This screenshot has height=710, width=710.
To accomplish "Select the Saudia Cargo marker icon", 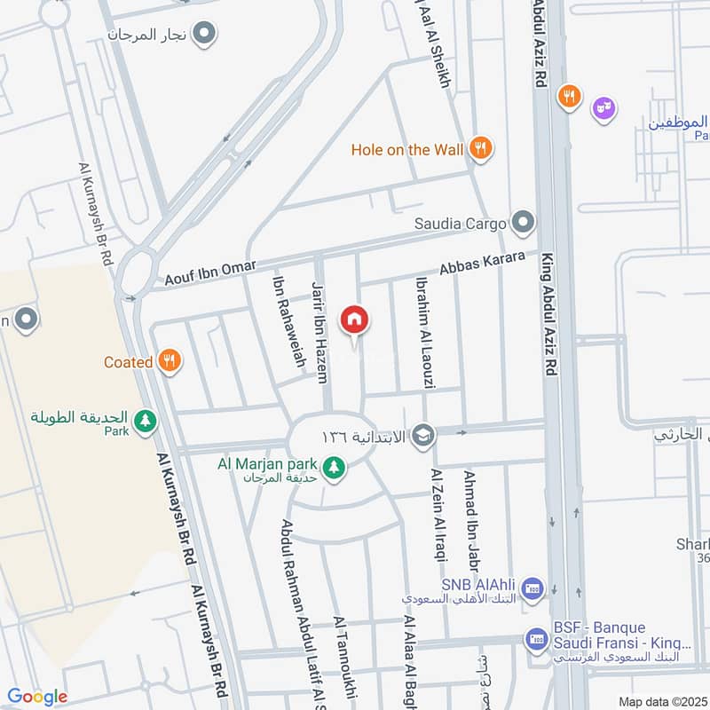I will tap(524, 222).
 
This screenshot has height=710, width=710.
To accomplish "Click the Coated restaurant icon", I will tap(169, 360).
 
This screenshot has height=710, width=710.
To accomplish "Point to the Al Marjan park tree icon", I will tap(334, 466).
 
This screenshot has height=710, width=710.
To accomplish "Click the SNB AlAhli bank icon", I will tap(532, 587).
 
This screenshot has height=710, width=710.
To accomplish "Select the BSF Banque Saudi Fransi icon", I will tap(535, 638).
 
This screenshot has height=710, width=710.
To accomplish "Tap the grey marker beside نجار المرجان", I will tap(206, 35).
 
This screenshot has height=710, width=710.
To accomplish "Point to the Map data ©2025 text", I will tap(660, 701).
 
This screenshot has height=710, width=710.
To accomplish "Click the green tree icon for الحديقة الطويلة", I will tap(145, 421).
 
